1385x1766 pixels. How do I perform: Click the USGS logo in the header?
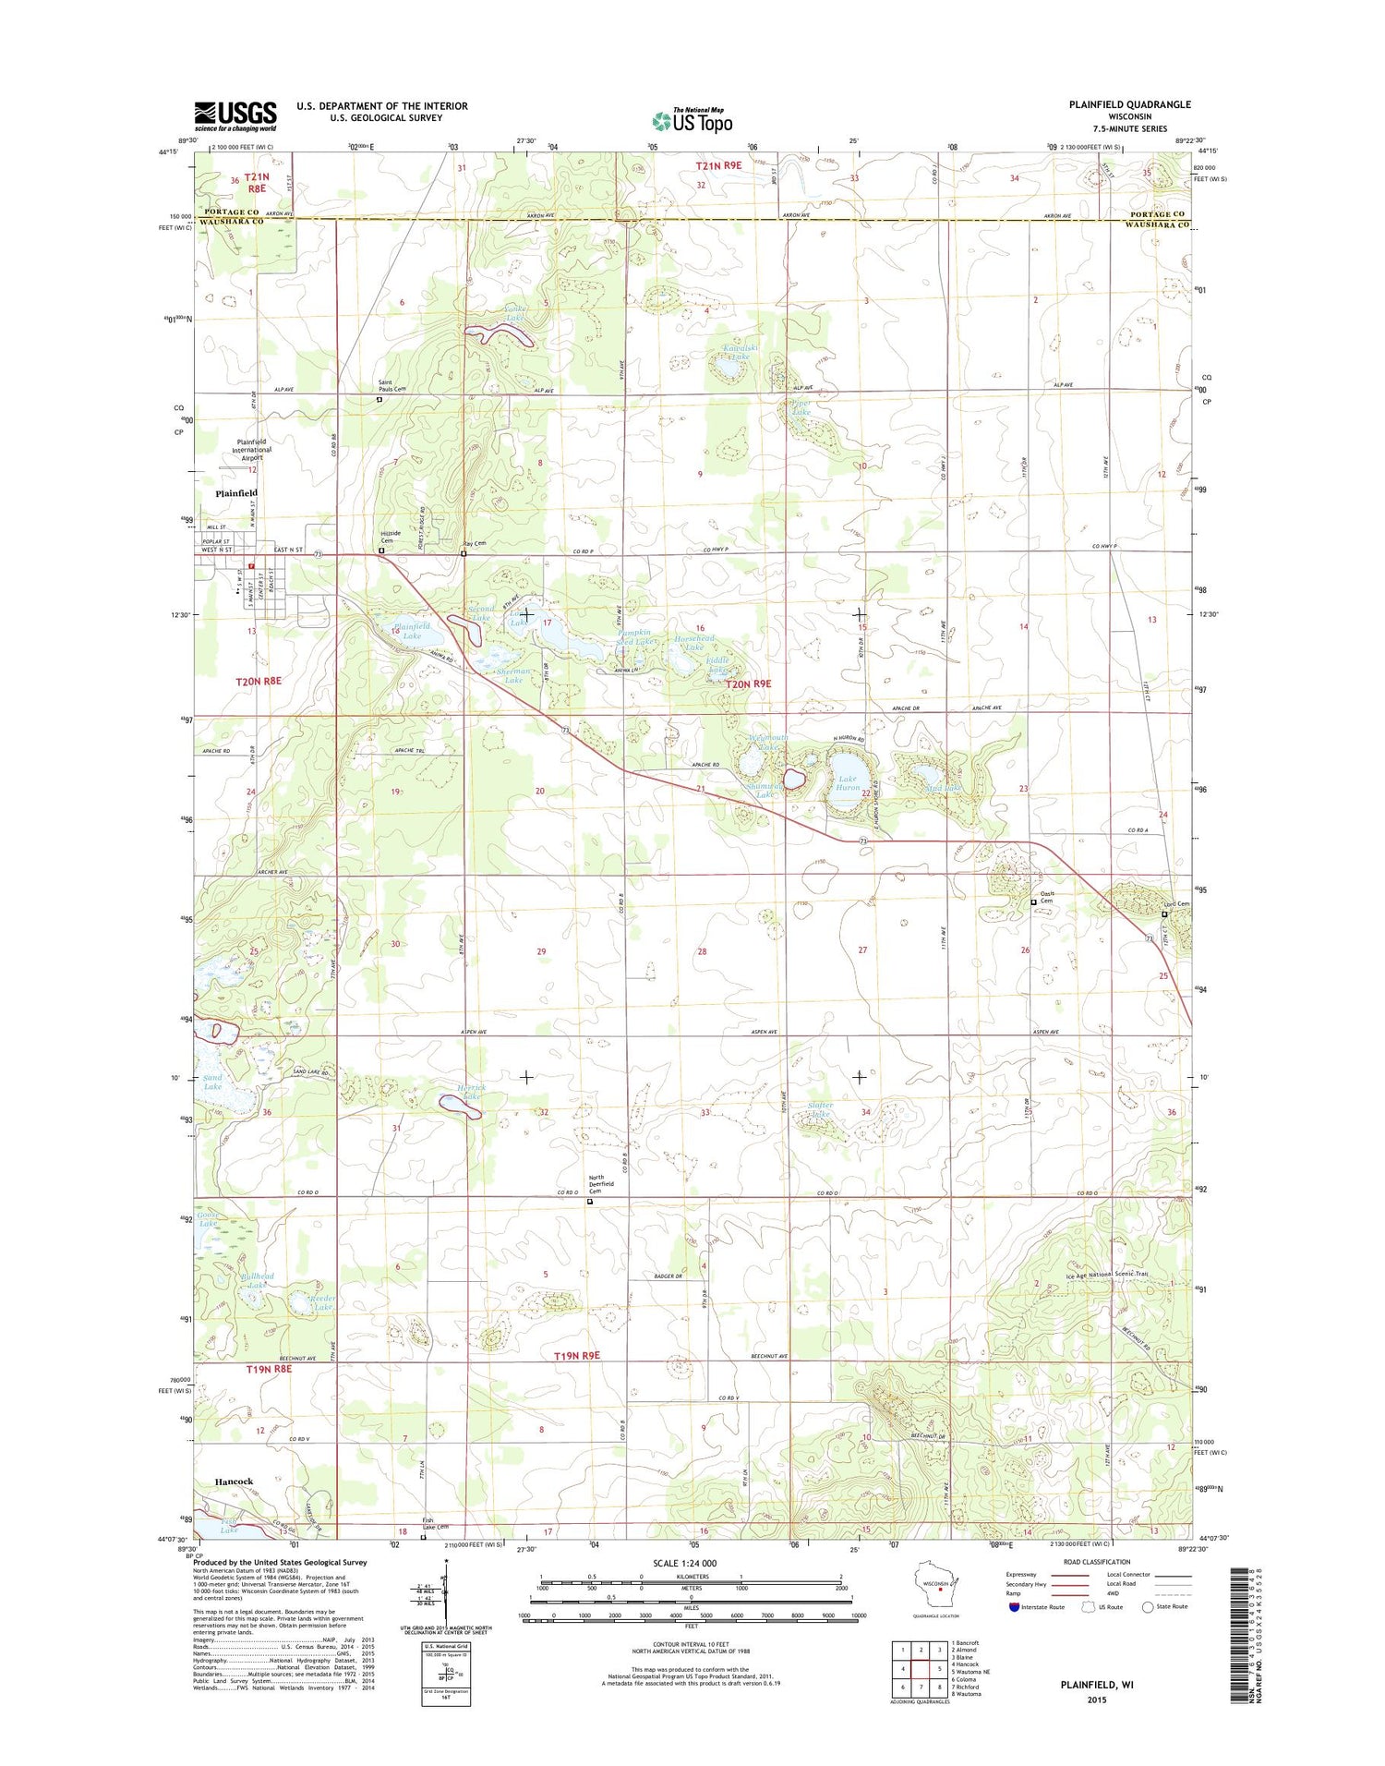pyautogui.click(x=235, y=115)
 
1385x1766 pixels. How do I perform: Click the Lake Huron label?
pyautogui.click(x=847, y=783)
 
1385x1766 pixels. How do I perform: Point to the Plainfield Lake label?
pyautogui.click(x=411, y=631)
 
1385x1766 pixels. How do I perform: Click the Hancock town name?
pyautogui.click(x=234, y=1481)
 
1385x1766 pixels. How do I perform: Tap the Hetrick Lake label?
pyautogui.click(x=471, y=1093)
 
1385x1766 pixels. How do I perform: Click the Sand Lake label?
pyautogui.click(x=212, y=1082)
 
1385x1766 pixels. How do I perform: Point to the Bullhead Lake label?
pyautogui.click(x=257, y=1280)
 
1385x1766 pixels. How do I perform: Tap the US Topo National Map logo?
pyautogui.click(x=692, y=119)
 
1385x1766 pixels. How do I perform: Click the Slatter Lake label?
pyautogui.click(x=820, y=1109)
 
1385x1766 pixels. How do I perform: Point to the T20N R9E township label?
pyautogui.click(x=747, y=684)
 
